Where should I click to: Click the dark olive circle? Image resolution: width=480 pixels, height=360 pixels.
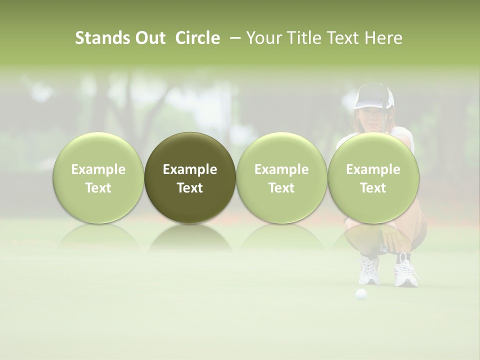[x=190, y=177]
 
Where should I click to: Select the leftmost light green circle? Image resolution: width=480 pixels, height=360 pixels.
[x=98, y=177]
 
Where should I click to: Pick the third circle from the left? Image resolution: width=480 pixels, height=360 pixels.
[x=281, y=177]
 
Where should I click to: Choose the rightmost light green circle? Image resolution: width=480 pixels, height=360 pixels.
[x=373, y=177]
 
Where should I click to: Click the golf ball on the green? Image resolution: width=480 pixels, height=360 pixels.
[x=360, y=294]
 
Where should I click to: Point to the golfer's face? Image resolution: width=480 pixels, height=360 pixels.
[x=370, y=117]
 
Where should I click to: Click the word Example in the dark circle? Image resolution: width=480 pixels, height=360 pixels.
[x=190, y=169]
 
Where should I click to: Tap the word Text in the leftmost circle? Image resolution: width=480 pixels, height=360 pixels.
[x=98, y=188]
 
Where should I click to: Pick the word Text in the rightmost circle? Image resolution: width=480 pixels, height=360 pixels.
[x=373, y=188]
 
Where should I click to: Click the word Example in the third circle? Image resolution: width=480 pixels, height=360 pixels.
[x=281, y=169]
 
